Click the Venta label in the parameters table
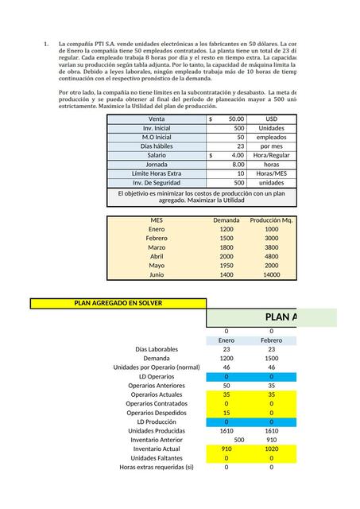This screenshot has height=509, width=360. point(157,119)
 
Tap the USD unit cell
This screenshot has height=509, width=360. point(272,119)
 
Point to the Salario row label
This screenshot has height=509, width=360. point(157,155)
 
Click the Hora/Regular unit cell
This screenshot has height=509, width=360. point(272,155)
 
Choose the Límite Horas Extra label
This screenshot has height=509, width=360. point(157,173)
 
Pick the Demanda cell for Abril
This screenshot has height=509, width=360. point(226,256)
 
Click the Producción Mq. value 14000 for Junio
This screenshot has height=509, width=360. point(272,274)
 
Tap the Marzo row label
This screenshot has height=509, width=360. point(157,247)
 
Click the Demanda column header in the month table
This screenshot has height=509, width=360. point(226,220)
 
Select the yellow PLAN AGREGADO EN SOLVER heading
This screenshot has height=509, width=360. point(118,303)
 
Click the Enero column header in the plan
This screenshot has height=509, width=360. point(226,340)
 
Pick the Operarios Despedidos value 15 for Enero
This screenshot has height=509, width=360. point(226,413)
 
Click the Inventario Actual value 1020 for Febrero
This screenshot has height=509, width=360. point(272,449)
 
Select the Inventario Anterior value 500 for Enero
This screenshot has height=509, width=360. point(238,440)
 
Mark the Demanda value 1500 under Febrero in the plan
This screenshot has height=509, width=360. point(272,358)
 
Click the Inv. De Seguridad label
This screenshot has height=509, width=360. point(157,182)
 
